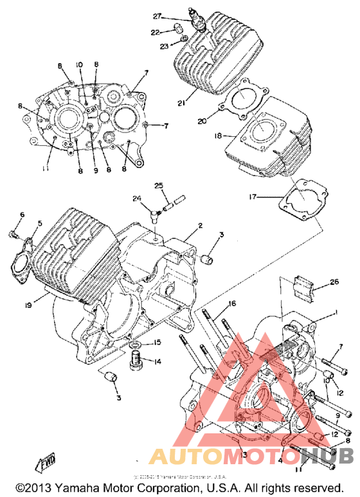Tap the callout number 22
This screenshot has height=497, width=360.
coord(155,32)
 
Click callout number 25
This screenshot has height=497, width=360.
coord(159,186)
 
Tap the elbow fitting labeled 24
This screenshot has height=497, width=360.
coord(153,208)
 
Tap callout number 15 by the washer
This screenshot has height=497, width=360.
coord(157,341)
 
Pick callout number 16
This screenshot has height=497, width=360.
coord(231,303)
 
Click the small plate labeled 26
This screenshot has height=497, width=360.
coord(306,287)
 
